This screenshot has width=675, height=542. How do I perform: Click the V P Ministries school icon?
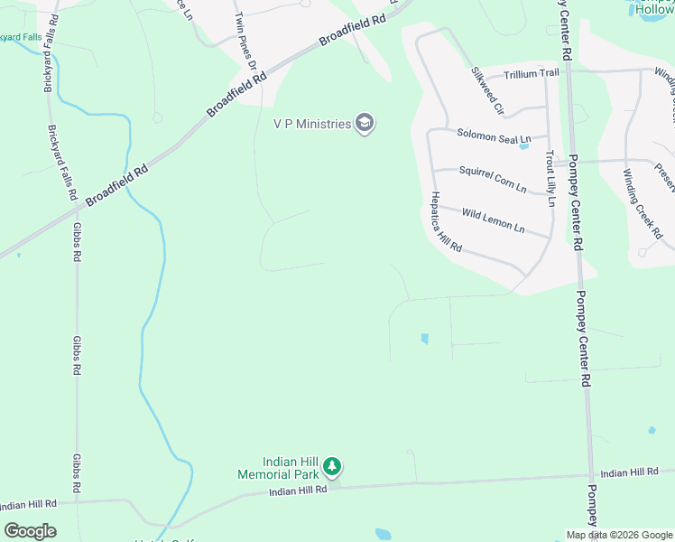(x=365, y=124)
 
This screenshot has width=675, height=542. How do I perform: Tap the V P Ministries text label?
(x=311, y=124)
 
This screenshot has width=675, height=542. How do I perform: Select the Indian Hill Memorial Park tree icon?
(x=333, y=467)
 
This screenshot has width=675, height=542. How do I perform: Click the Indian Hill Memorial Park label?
(x=277, y=468)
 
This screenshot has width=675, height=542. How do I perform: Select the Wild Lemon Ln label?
(x=493, y=220)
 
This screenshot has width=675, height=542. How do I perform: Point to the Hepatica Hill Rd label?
(x=446, y=222)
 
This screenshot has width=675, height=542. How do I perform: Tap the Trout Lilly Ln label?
(x=550, y=175)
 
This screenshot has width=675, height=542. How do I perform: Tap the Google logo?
(x=30, y=531)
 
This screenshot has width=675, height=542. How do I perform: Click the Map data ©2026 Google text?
(x=618, y=535)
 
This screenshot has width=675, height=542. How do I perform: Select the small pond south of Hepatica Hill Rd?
(x=423, y=340)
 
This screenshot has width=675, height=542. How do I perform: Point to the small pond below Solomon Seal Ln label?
(x=524, y=146)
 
